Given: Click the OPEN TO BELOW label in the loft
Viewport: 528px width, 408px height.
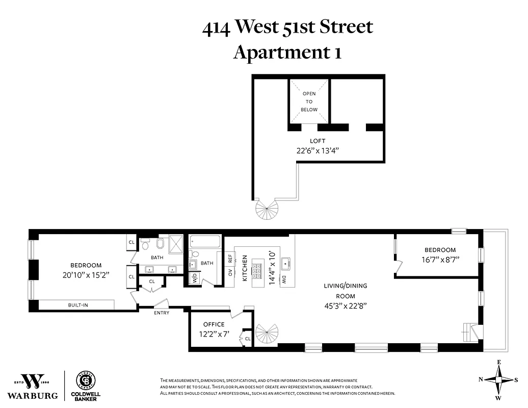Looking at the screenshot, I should tap(309, 101).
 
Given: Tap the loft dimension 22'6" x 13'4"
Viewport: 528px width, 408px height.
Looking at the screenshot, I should tap(317, 150).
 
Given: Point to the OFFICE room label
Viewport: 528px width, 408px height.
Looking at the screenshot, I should tap(214, 324).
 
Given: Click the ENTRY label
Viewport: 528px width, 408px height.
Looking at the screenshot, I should tap(162, 313).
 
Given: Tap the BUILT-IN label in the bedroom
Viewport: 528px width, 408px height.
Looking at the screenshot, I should tap(78, 304).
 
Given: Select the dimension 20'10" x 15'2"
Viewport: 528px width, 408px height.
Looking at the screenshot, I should tap(86, 274).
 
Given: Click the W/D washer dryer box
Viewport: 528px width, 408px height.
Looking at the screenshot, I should tap(195, 278).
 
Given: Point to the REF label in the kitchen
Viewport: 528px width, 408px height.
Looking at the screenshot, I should tap(230, 259).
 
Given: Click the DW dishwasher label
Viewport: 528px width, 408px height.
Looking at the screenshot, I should tap(284, 279).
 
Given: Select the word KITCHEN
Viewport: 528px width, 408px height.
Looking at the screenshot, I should tap(245, 268).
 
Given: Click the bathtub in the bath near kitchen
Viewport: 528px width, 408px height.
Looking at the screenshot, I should tap(205, 241).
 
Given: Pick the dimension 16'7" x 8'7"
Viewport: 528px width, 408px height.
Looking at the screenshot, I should tap(440, 259).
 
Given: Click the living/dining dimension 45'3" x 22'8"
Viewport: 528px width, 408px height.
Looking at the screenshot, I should tap(345, 305).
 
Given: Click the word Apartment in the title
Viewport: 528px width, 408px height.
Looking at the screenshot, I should tap(275, 52).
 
